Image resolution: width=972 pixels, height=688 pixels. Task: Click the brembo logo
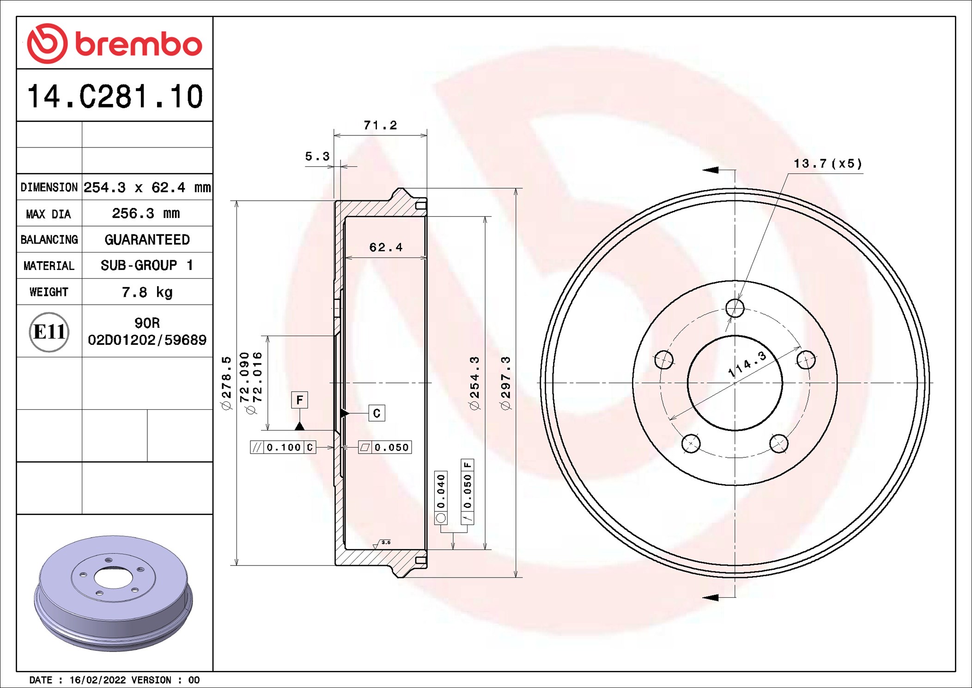pos(114,43)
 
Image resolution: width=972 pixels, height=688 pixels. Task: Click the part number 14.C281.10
pos(115,97)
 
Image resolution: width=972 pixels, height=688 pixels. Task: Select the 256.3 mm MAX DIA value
pos(146,213)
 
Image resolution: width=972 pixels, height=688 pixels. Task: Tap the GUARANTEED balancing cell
pos(147,240)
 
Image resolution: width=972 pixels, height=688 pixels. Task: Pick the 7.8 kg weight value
pos(147,292)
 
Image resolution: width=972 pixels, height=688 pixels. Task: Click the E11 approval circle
pos(49,332)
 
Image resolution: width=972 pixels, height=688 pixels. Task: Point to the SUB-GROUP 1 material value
pos(147,265)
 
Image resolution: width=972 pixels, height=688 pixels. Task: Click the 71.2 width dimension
pos(380,125)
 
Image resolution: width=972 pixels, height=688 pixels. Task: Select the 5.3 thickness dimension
pos(317,156)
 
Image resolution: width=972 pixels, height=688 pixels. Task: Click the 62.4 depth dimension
pos(386,247)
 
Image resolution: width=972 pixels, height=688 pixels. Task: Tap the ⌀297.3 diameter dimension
pos(505,383)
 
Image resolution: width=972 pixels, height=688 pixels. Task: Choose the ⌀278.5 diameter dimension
pos(226,383)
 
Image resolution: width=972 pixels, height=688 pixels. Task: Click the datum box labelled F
pos(299,400)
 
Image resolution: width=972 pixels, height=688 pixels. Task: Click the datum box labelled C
pos(377,413)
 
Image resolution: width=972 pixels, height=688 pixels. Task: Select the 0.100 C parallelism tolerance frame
pos(283,447)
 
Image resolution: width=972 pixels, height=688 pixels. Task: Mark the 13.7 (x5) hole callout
pos(828,164)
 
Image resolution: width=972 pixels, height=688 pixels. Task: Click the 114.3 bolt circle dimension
pos(747,364)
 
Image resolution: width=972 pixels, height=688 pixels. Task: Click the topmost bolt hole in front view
pos(735,308)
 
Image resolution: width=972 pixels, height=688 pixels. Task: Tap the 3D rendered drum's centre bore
pos(113,577)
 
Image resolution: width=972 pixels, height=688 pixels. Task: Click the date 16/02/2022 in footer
pos(97,680)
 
